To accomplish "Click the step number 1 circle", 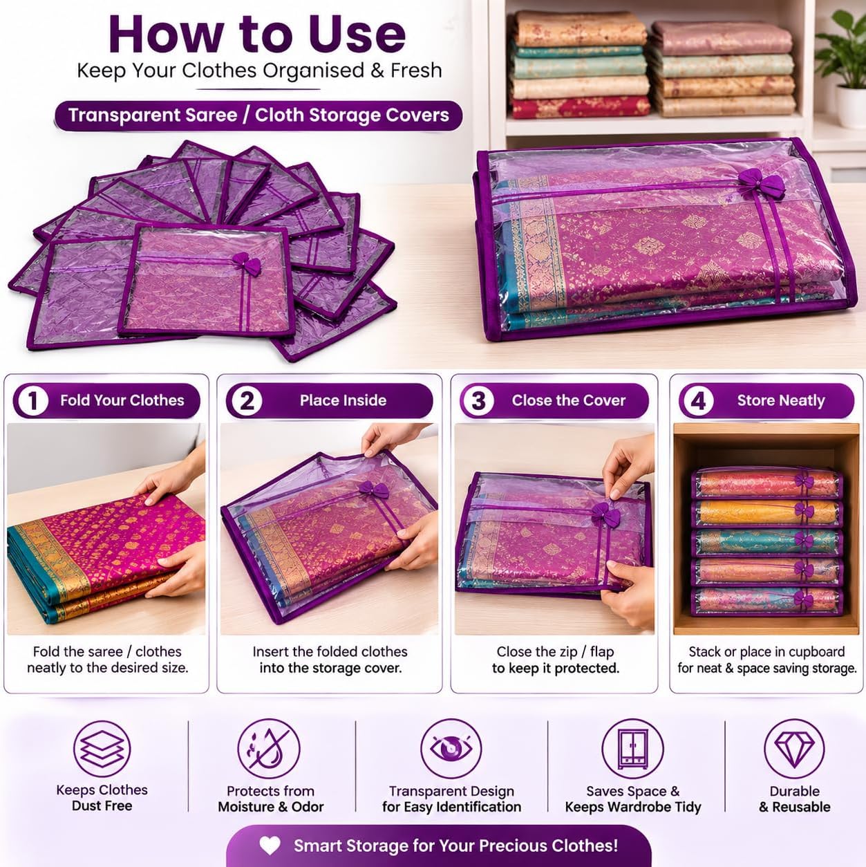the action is (32, 401).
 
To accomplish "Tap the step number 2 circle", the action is (247, 401).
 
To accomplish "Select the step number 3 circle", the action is (478, 401).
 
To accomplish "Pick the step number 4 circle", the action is (698, 401).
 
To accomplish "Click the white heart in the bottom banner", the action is (270, 846).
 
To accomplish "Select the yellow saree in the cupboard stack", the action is (766, 512).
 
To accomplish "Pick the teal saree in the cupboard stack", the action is (766, 542).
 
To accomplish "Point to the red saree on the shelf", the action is (581, 107).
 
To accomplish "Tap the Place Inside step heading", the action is (343, 400).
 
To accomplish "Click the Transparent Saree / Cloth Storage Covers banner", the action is (258, 115).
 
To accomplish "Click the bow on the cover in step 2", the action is (373, 489).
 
